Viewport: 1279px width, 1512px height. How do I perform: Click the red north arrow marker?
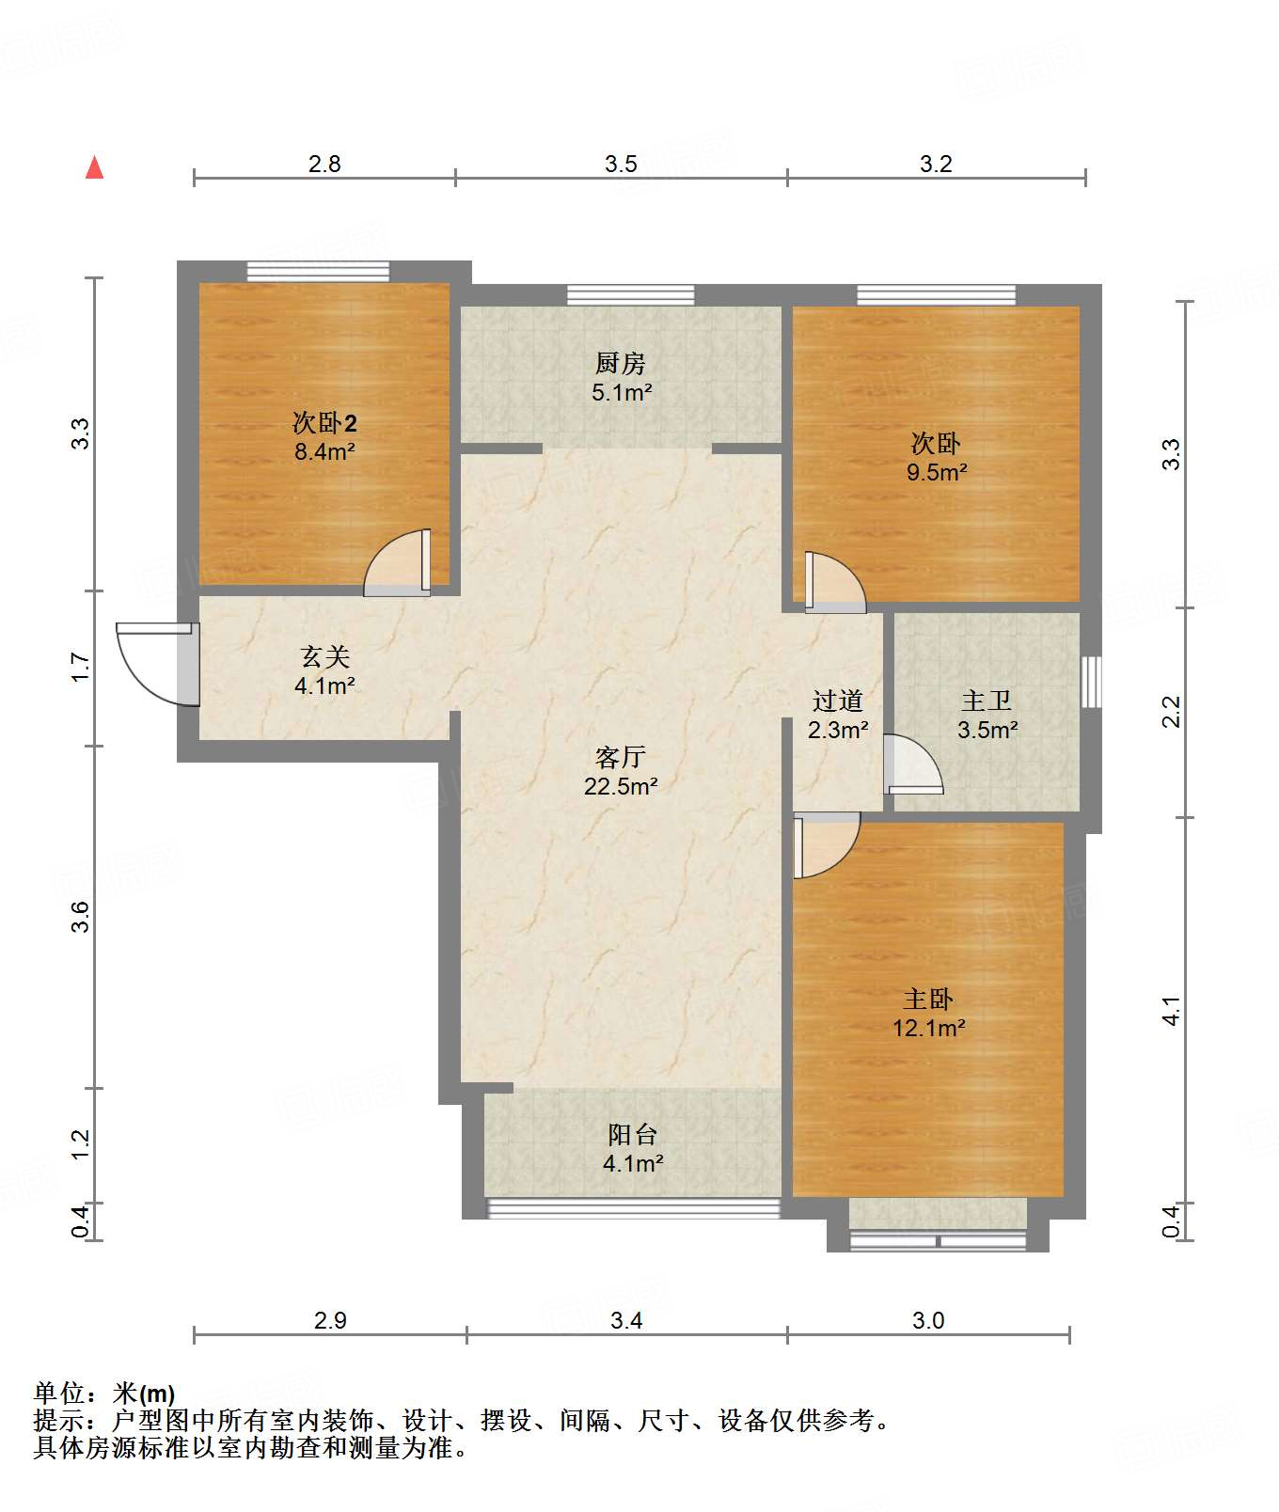pos(94,167)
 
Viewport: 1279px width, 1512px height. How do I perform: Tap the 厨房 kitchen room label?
pos(621,363)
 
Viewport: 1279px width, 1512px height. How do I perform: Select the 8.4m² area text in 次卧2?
pos(324,451)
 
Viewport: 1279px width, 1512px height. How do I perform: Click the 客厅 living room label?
pos(621,757)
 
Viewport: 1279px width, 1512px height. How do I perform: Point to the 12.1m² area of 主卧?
pos(929,1028)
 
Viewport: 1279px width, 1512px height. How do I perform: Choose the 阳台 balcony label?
pos(633,1134)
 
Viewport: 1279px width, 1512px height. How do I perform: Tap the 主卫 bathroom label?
pos(987,701)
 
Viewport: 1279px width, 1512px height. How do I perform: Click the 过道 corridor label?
pos(838,701)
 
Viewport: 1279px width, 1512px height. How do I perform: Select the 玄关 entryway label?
pos(324,656)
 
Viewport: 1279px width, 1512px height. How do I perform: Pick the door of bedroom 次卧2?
pos(398,562)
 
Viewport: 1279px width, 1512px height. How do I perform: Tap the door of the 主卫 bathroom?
pos(913,764)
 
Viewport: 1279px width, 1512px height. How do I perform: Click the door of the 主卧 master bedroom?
pos(827,844)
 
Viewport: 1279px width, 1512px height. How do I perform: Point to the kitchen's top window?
pos(631,294)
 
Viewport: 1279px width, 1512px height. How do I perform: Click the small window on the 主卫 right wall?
pos(1090,682)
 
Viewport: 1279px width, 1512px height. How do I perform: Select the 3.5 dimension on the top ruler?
pos(621,165)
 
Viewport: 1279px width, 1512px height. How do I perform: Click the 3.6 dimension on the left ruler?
pos(81,917)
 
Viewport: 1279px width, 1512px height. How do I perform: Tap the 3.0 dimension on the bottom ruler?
pos(928,1321)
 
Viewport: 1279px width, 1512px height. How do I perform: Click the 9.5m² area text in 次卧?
pos(937,472)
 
